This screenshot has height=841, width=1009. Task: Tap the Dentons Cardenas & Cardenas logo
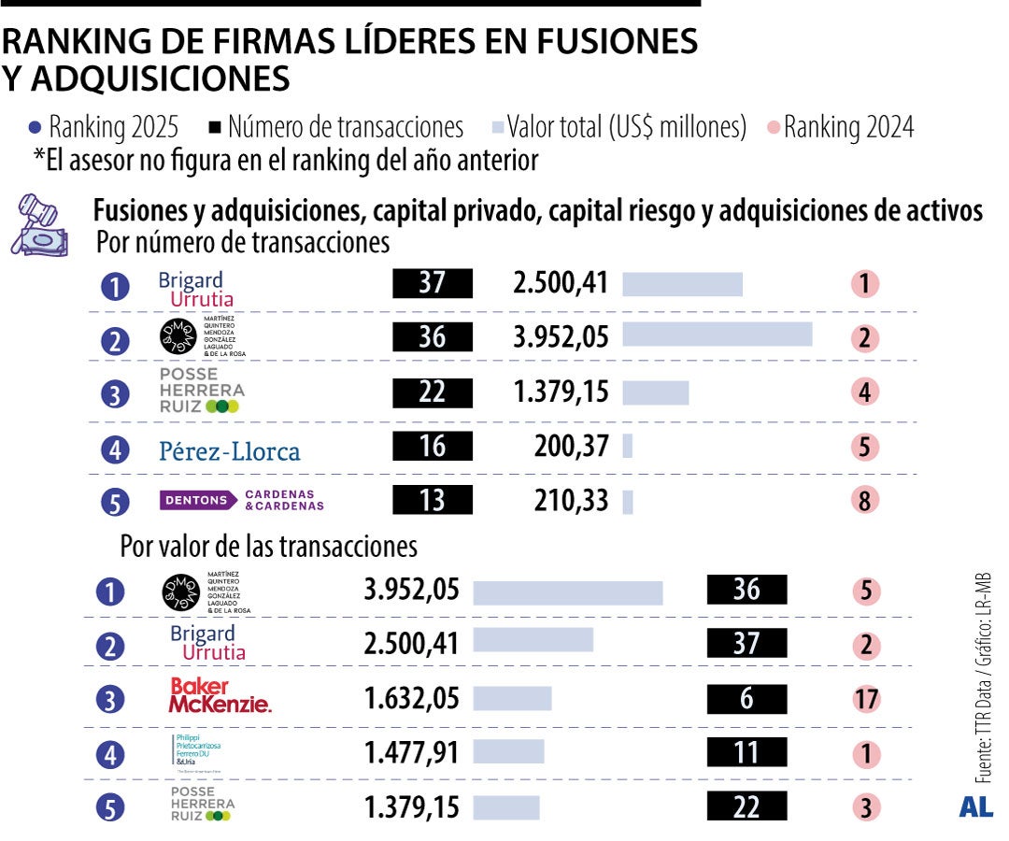tap(242, 501)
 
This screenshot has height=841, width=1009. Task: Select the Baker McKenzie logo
tap(220, 697)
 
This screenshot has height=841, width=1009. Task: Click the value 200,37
tap(570, 448)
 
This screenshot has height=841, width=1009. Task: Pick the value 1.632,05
tap(412, 698)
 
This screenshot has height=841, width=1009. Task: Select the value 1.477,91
tap(412, 752)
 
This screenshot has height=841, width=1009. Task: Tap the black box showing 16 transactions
tap(433, 448)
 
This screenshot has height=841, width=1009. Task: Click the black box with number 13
tap(433, 501)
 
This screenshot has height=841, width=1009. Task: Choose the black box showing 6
tap(746, 698)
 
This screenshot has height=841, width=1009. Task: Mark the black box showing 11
tap(746, 752)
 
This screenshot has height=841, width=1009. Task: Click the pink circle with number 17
tap(866, 698)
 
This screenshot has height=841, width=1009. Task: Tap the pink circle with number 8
tap(865, 501)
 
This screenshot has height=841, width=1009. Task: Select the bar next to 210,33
tap(628, 502)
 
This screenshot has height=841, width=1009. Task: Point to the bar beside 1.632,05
tap(512, 698)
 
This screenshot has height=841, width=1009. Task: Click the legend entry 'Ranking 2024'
tap(840, 127)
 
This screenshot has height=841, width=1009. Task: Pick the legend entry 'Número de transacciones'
tap(336, 127)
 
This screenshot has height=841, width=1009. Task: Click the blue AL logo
tap(975, 807)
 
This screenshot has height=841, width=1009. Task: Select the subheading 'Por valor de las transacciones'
tap(268, 546)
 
